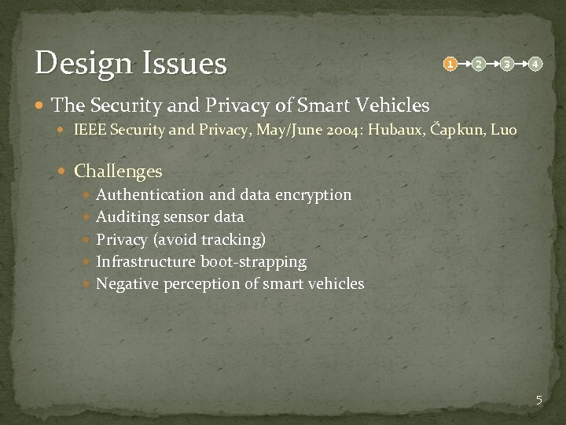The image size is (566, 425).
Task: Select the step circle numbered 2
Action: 478,62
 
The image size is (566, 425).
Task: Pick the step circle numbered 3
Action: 507,62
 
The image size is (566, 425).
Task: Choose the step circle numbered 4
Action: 535,62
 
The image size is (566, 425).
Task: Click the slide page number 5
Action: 538,400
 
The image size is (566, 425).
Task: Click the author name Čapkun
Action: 457,129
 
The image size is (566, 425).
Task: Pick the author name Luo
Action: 503,129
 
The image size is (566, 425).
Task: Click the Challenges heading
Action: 118,171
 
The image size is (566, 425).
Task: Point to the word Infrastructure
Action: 146,261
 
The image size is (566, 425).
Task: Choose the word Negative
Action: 127,283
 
